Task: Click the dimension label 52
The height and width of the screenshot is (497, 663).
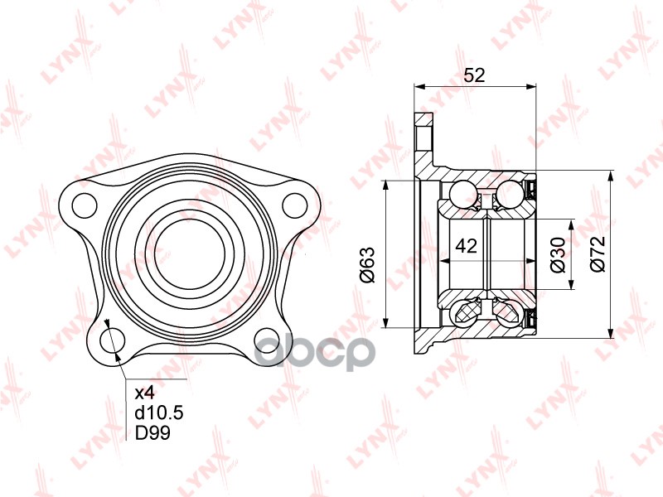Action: [x=474, y=75]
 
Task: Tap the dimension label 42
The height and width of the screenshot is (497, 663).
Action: [x=467, y=245]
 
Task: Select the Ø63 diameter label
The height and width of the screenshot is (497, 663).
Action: [x=367, y=265]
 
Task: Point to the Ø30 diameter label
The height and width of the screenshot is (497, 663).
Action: [x=558, y=254]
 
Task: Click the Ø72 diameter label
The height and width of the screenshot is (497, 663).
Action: [x=598, y=253]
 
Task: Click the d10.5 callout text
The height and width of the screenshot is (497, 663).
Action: [x=159, y=413]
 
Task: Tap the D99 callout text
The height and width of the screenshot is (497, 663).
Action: [x=152, y=432]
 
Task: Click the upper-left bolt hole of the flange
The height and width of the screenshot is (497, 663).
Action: [x=85, y=205]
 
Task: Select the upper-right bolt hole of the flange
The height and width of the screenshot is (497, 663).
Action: [x=295, y=205]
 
